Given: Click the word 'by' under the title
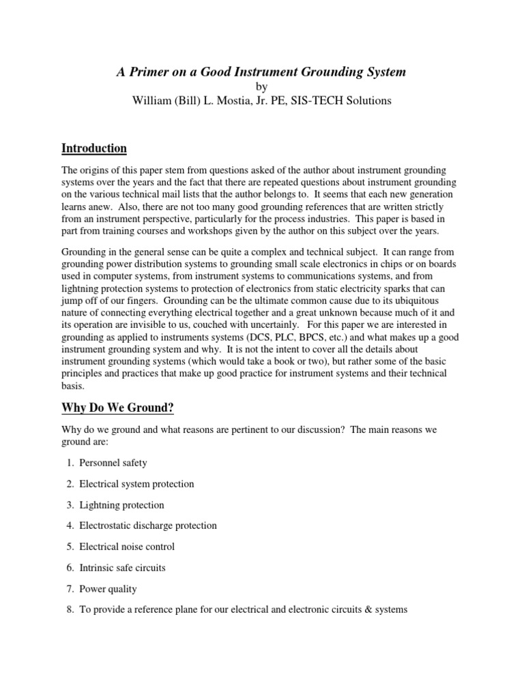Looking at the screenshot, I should click(262, 87).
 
